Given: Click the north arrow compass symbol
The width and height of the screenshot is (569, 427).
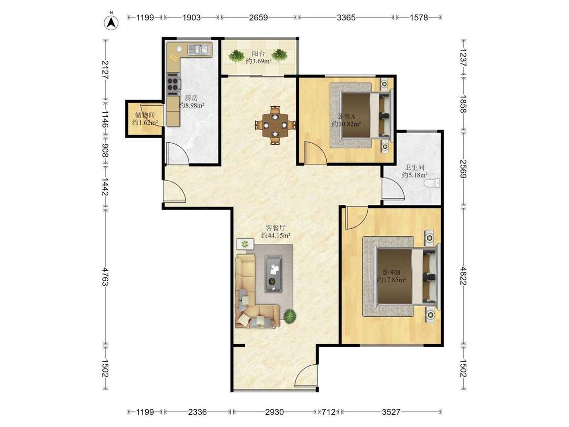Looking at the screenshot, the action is point(112,22).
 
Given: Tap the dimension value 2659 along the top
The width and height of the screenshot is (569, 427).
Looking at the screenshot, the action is point(258,17).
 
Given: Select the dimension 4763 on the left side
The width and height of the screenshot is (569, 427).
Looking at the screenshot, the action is point(105,277).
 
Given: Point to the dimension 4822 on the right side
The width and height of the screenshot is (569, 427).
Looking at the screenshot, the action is point(463,276).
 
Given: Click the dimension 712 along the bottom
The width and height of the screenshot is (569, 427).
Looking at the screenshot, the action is point(328,412).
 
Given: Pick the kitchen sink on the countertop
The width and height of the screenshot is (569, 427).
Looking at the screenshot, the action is point(199,49).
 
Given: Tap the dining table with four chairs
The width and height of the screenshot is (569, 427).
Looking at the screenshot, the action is point(276,125).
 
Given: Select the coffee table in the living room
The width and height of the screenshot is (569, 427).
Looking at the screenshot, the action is point(274,273).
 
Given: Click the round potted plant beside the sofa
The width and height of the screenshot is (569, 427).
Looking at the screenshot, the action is point(290,316).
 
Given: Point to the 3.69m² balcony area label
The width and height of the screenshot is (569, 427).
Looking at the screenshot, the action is point(259,61).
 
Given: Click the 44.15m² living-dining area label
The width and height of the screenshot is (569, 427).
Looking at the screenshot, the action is point(276,235).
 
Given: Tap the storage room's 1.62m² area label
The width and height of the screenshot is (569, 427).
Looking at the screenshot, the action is point(145,123).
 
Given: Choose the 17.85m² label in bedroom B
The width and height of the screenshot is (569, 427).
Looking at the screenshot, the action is point(391,280).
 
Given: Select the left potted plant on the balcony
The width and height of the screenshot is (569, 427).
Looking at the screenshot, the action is point(236,56).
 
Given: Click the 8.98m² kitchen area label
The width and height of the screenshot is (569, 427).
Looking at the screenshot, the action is point(191,106).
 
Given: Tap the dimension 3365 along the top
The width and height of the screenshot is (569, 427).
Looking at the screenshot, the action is point(346,17).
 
